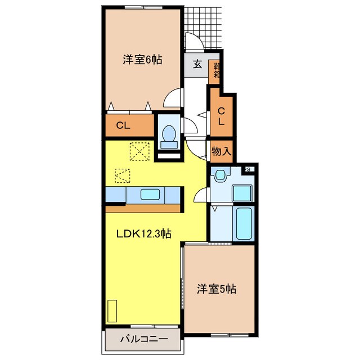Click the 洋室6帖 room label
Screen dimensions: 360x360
[142, 59]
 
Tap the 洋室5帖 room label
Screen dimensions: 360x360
[216, 289]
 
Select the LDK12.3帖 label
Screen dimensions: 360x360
[143, 234]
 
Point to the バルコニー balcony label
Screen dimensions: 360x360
[143, 339]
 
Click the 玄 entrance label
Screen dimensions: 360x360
[197, 64]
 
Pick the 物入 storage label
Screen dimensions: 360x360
[220, 151]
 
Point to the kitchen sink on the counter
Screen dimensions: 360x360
[150, 195]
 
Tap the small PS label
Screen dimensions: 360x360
[247, 168]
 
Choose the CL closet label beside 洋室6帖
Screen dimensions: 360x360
[123, 126]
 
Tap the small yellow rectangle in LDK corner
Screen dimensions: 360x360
[112, 310]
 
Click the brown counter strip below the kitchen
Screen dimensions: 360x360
[143, 208]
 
